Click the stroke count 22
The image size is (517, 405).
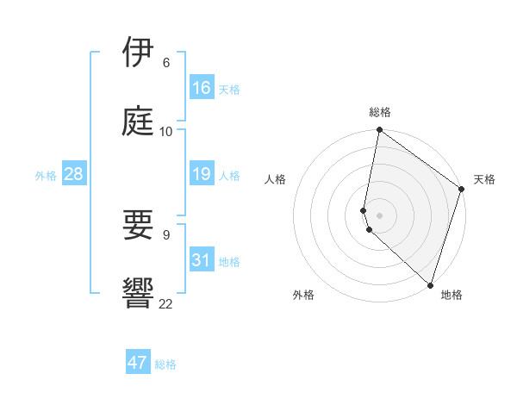point(165,302)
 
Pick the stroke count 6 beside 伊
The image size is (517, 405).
point(166,63)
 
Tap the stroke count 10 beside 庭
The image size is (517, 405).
point(165,131)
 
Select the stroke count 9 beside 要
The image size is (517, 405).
point(166,234)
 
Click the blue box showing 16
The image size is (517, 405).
point(202,88)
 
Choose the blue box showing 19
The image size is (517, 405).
point(202,174)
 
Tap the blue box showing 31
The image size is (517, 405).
point(202,260)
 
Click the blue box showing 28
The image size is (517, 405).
point(74,174)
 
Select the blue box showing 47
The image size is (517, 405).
point(138,363)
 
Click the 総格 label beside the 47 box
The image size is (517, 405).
point(165,364)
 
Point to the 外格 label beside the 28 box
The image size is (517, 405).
point(46,176)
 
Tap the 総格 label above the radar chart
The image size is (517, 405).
point(380,112)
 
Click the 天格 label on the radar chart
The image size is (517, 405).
point(484,179)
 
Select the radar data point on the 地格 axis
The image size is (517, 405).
point(430,285)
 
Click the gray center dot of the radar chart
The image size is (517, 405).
point(380,215)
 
